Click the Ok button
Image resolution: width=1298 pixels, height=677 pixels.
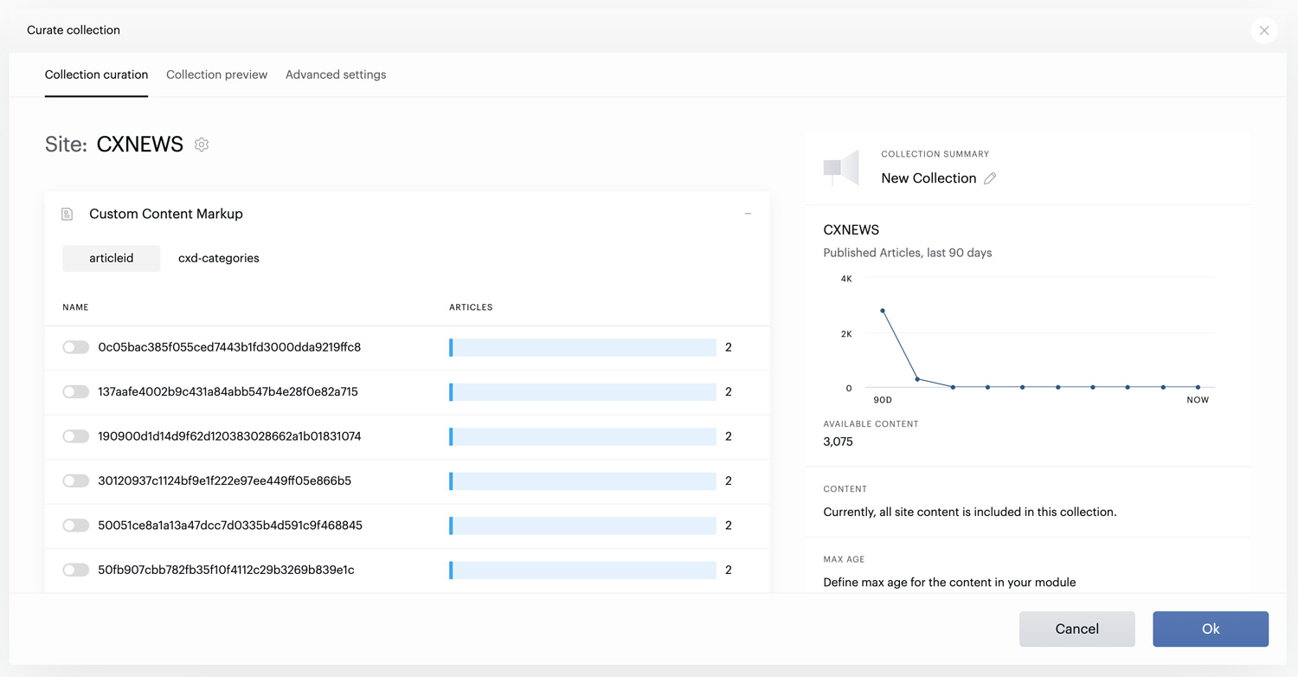[1211, 629]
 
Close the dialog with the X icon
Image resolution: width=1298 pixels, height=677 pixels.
[1264, 30]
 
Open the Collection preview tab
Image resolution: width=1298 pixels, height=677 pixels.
[216, 74]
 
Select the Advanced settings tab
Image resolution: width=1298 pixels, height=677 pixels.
[336, 74]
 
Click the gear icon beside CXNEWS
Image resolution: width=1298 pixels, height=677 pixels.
[202, 145]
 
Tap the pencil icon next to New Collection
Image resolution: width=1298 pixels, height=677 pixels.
[990, 178]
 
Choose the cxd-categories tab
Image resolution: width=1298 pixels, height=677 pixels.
[218, 258]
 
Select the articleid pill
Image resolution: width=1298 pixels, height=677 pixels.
[112, 258]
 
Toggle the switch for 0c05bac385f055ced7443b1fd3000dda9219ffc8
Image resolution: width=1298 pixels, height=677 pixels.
[76, 347]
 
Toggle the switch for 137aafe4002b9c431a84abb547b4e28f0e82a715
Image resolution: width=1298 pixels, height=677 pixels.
[76, 392]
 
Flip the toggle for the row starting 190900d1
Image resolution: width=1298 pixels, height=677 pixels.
[76, 435]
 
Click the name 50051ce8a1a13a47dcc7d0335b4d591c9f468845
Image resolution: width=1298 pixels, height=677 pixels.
[230, 525]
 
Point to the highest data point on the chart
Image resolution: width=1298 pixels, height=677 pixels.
[883, 311]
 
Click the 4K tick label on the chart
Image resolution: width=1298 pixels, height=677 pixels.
[846, 279]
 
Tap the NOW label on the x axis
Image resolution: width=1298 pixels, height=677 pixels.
[1198, 400]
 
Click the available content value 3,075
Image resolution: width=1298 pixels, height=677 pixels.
[838, 442]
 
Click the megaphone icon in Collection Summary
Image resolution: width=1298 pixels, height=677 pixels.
[841, 168]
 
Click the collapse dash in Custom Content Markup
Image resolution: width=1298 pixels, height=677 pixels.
[749, 214]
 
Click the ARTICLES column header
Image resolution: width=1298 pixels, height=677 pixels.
[471, 307]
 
